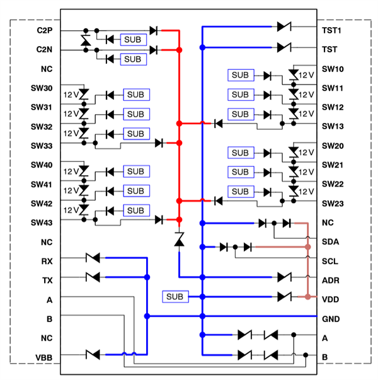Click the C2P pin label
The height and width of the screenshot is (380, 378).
[x=44, y=30]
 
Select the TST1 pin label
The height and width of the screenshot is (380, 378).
[x=331, y=30]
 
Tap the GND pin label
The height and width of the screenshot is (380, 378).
[x=331, y=318]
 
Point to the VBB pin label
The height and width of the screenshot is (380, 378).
[x=44, y=357]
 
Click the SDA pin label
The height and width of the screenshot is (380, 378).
[x=331, y=242]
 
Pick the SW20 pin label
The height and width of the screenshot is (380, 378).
[x=333, y=146]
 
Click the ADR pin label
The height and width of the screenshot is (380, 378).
[x=331, y=280]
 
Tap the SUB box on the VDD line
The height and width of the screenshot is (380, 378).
[x=175, y=296]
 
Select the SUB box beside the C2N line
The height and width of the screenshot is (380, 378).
[x=132, y=59]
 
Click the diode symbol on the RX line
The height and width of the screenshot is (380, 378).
[x=93, y=257]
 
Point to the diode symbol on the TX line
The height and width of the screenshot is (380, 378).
[x=93, y=277]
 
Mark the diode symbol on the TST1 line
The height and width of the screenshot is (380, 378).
[x=283, y=27]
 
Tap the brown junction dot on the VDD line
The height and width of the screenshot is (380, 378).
[x=307, y=296]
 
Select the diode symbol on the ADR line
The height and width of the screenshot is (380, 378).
[x=284, y=277]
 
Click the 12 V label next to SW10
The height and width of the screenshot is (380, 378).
[x=306, y=75]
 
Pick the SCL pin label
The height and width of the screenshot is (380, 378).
[x=331, y=261]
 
